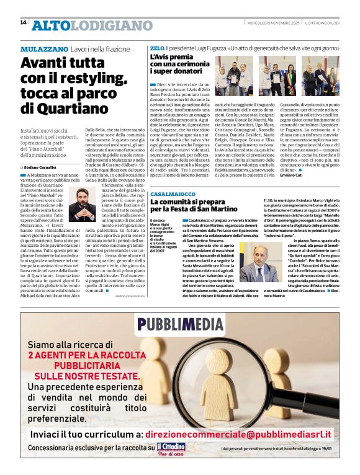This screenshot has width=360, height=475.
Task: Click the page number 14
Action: click(x=23, y=22)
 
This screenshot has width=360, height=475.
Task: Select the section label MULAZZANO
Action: click(x=44, y=48)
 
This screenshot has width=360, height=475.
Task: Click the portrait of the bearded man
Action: click(x=83, y=209)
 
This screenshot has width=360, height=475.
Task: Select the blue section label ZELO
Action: click(x=157, y=48)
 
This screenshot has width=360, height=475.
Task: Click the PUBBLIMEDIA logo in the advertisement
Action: click(x=180, y=324)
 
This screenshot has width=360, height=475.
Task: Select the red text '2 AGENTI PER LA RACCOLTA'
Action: click(x=84, y=355)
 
